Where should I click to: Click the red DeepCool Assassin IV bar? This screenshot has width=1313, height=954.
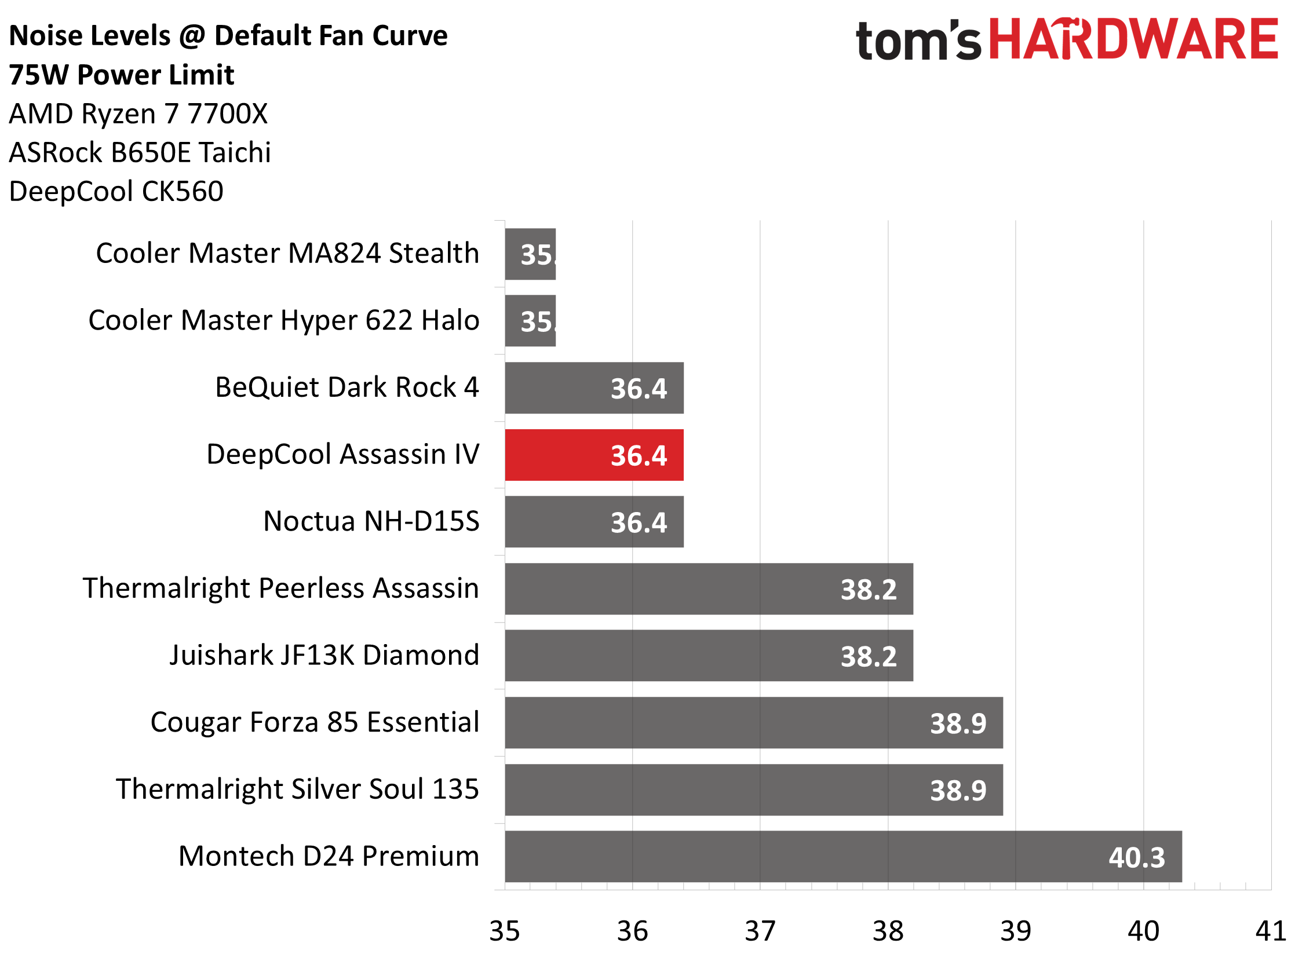tap(594, 455)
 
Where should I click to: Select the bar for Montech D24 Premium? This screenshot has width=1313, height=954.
tap(843, 857)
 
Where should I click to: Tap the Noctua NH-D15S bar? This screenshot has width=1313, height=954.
tap(594, 522)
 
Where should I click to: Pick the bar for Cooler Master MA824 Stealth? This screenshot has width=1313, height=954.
tap(530, 254)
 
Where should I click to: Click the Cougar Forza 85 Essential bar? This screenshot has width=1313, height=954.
tap(753, 723)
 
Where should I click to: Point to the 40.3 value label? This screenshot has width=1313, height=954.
tap(1136, 858)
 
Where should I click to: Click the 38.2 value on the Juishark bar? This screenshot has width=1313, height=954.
tap(869, 657)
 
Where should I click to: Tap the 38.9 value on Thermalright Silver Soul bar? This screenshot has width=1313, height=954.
tap(958, 791)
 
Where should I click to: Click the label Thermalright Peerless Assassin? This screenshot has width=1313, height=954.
tap(281, 589)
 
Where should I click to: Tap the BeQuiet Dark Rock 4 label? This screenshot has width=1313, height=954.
tap(347, 388)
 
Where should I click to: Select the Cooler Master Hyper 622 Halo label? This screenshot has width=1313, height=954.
tap(284, 320)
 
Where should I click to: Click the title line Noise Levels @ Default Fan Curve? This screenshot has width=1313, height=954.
tap(228, 36)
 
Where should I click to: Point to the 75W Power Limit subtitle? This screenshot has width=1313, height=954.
tap(122, 75)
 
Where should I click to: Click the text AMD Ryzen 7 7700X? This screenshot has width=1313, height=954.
tap(138, 114)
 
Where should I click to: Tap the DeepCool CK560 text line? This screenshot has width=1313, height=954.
tap(116, 192)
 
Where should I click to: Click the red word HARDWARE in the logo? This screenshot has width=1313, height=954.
tap(1133, 39)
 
